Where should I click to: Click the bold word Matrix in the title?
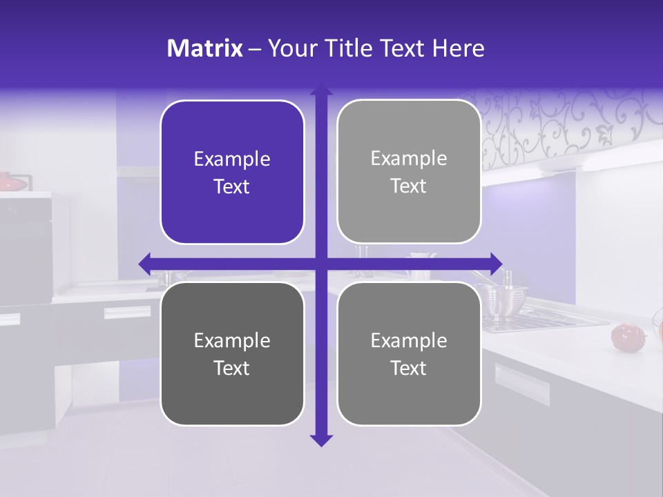[x=204, y=48]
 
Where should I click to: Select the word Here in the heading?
[x=458, y=48]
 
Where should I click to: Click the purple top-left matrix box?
[x=232, y=172]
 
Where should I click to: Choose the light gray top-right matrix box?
[x=409, y=172]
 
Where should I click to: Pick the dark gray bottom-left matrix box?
[x=232, y=353]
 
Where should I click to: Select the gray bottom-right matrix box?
[x=409, y=353]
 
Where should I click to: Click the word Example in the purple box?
[x=232, y=159]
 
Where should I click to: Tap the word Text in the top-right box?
[x=409, y=186]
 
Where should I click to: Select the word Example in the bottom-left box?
[x=232, y=340]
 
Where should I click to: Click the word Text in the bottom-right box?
[x=409, y=368]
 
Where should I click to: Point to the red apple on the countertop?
[x=624, y=336]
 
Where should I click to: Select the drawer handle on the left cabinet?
[x=127, y=312]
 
